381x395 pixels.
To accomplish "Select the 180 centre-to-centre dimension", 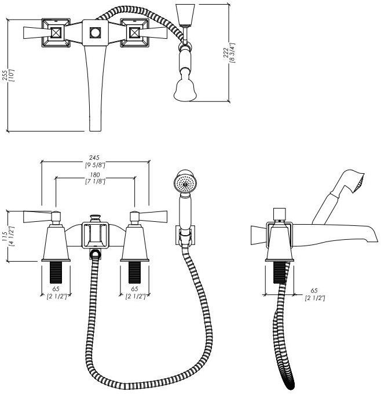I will point(96,175).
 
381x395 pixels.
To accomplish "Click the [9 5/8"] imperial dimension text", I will point(96,165).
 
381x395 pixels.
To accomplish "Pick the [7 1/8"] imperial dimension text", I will point(96,182).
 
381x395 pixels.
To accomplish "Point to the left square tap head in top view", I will point(56,33).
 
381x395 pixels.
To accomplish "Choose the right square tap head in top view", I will point(135,33).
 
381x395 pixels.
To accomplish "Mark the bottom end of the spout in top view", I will point(96,125).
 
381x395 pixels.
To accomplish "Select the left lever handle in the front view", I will point(36,217).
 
